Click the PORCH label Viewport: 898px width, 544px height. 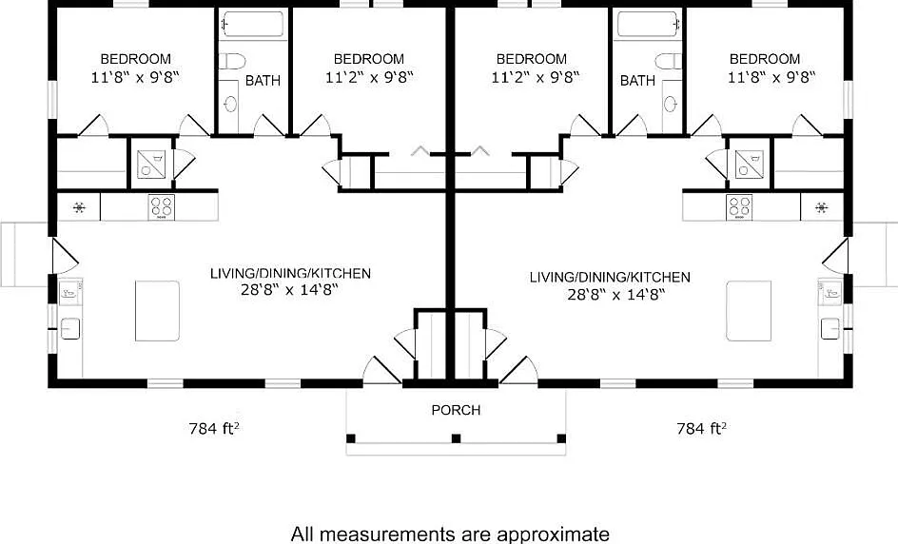coord(456,411)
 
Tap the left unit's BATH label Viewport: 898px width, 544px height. coord(263,81)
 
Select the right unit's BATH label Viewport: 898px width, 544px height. coord(637,81)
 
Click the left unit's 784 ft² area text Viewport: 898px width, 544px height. coord(214,429)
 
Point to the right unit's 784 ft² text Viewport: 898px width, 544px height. coord(701,429)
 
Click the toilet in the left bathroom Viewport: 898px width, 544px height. coord(231,62)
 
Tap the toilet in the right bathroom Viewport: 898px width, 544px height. coord(669,62)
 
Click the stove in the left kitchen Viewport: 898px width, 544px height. coord(161,206)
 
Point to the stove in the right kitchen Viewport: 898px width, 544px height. coord(739,206)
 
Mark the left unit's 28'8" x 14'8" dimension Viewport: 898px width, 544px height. coord(290,290)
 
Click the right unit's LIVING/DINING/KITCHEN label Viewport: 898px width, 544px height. coord(610,277)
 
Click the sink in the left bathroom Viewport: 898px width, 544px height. coord(231,103)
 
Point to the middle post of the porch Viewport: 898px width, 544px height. coord(456,438)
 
